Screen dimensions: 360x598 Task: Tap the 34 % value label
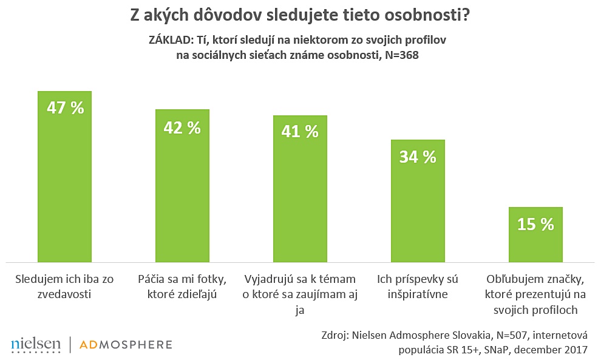click(418, 157)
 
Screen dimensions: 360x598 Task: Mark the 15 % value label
click(535, 224)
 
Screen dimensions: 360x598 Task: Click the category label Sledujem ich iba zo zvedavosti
click(64, 287)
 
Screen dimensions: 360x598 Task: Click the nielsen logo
click(36, 345)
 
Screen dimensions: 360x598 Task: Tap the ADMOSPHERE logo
click(126, 345)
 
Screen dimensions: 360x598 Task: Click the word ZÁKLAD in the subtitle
click(168, 40)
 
